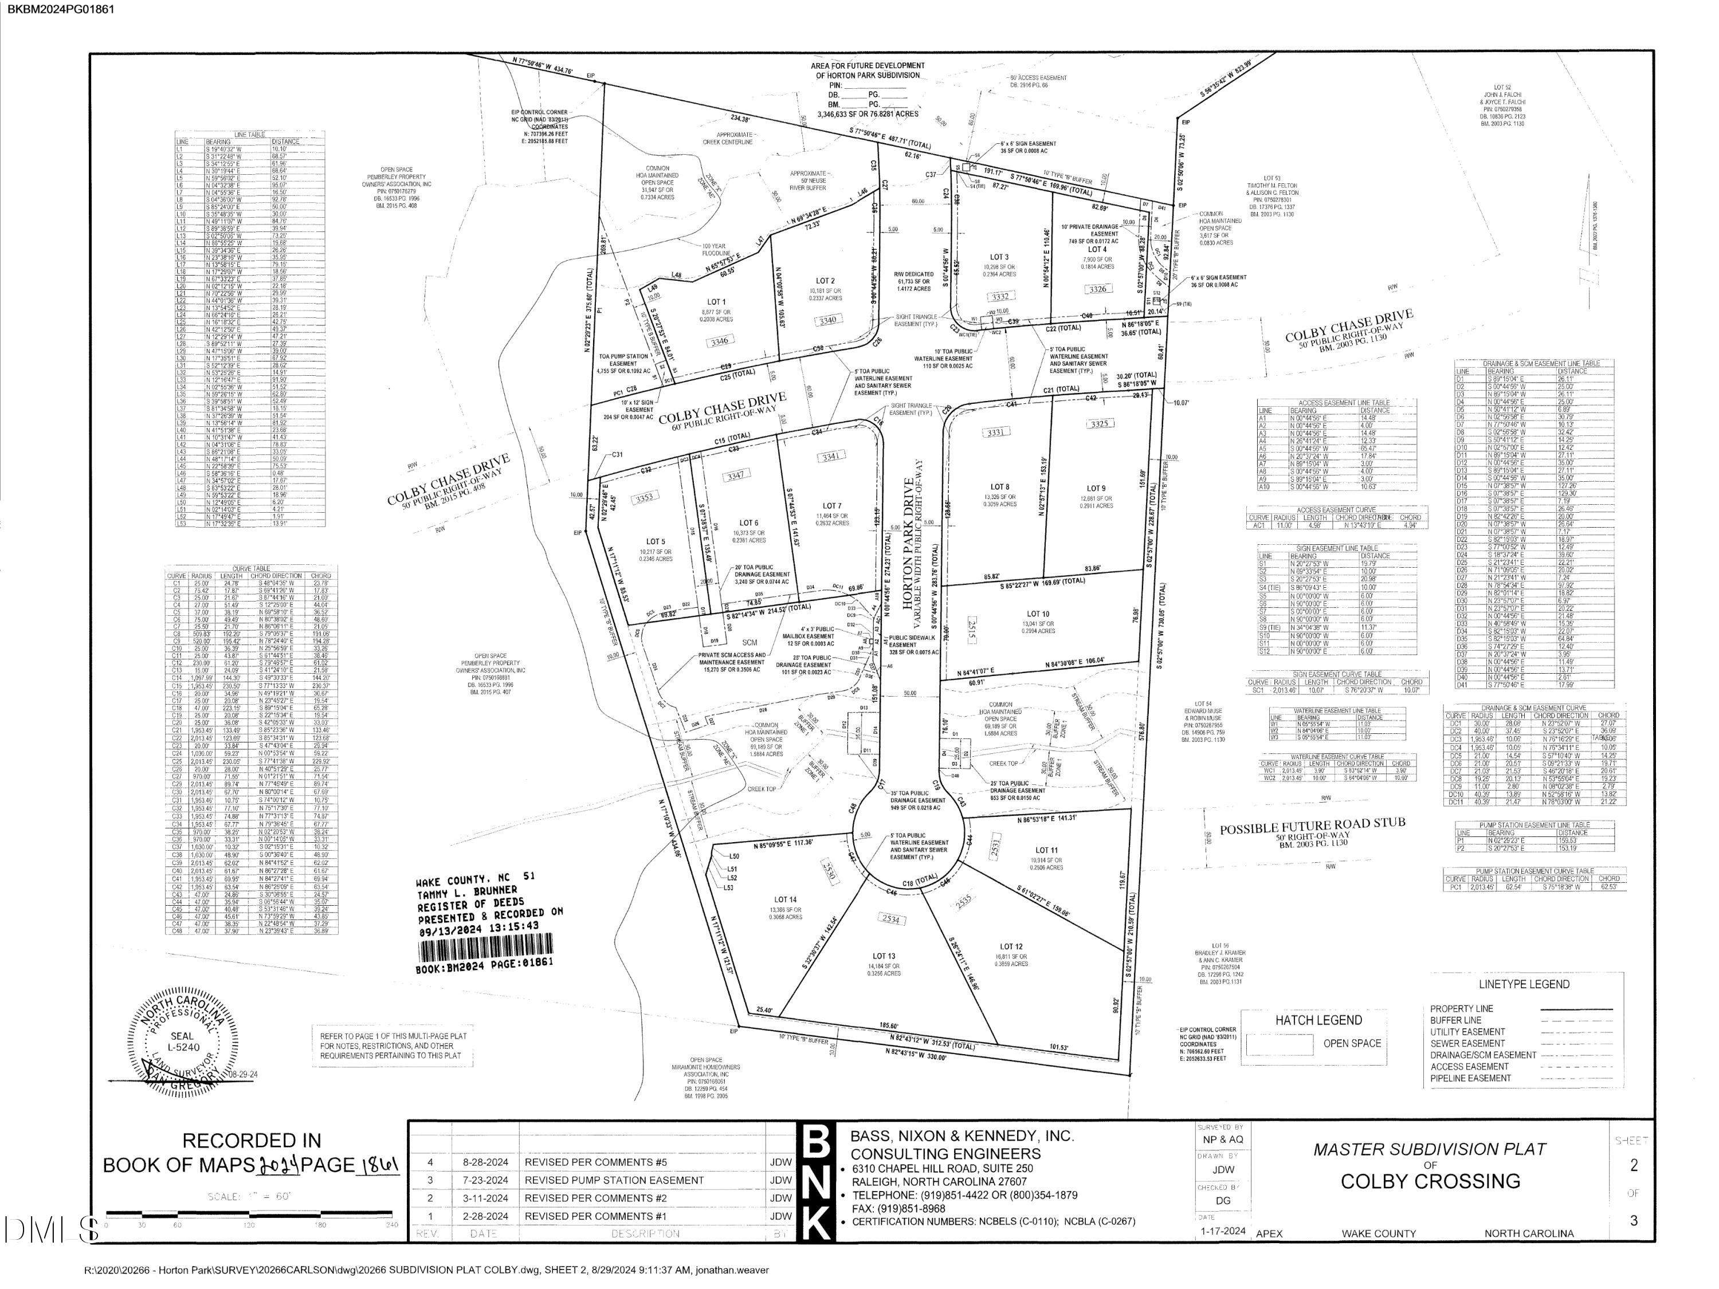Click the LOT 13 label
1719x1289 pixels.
[884, 956]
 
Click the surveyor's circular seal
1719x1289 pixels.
[183, 1039]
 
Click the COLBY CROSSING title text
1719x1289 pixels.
[1430, 1181]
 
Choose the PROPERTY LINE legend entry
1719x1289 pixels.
[1462, 1008]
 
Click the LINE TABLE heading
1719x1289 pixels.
[250, 135]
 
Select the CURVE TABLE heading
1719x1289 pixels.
[252, 569]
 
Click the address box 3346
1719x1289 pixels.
[720, 340]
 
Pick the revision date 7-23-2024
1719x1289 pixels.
[485, 1180]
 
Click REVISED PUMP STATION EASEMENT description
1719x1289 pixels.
[614, 1180]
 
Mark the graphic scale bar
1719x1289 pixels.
[252, 1213]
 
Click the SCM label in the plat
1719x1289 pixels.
[749, 643]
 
